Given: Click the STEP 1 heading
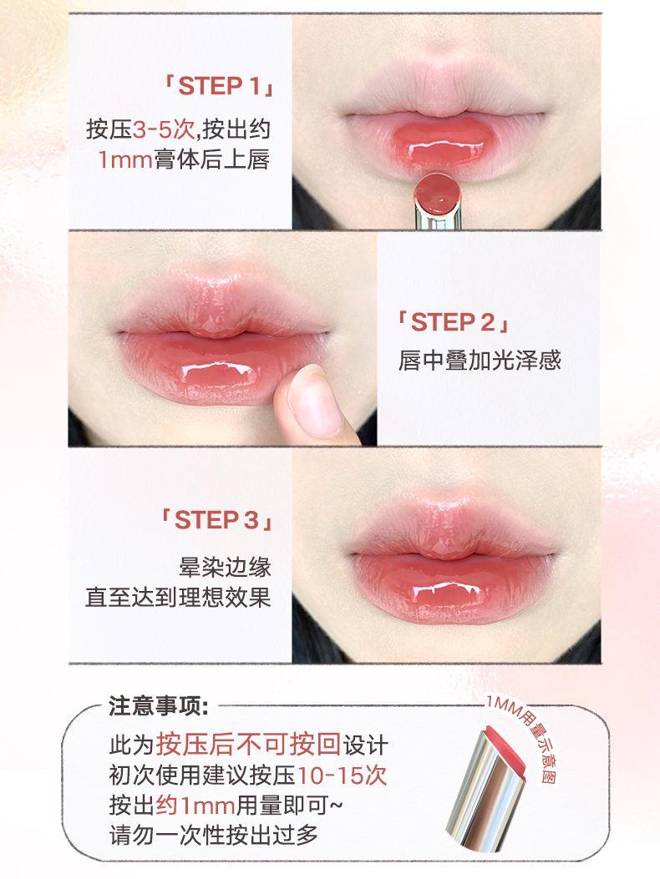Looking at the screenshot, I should (x=219, y=87).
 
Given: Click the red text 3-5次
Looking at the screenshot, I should (x=164, y=130).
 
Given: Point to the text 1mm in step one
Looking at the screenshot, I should (x=125, y=159).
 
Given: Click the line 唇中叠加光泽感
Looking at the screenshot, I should (x=480, y=361).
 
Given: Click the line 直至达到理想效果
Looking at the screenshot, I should (x=178, y=598).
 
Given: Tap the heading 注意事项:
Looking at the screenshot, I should (x=161, y=706).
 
